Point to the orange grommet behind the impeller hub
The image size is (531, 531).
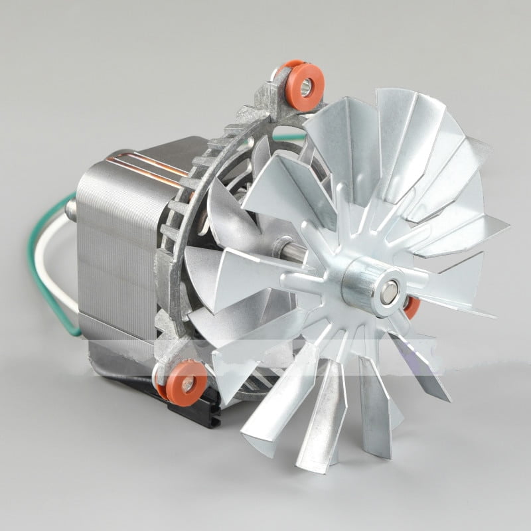pos(412,307)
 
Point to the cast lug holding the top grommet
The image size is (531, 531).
pos(279,100)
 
